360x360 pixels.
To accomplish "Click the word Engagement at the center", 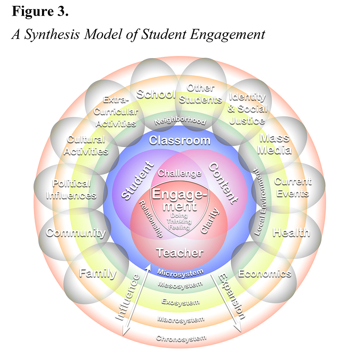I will pos(180,199).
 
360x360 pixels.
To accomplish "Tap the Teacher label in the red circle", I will pos(180,253).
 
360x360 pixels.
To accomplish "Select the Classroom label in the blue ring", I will pos(180,140).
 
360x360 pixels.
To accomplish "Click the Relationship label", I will pos(151,218).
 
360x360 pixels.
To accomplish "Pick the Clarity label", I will pos(210,220).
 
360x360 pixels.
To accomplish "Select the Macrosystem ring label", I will pos(180,319).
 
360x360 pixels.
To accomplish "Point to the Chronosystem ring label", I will pos(181,338).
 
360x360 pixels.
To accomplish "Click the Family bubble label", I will pos(97,273).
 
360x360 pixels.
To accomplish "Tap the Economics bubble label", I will pos(265,273).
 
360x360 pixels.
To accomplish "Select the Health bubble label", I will pos(291,232).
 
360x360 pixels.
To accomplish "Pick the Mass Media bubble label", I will pos(274,144).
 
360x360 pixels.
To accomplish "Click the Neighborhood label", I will pos(180,121).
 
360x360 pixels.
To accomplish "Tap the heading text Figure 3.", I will pos(40,12).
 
